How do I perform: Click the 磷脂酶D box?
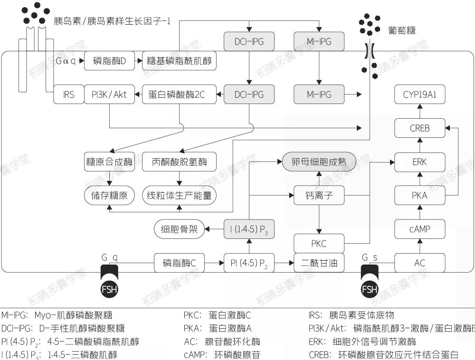tap(110, 61)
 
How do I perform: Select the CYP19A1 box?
tap(419, 95)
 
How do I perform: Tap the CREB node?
tap(419, 128)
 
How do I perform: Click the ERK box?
tap(419, 161)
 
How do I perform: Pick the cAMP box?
tap(419, 229)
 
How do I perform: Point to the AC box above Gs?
tap(419, 263)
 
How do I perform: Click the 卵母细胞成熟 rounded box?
tap(319, 162)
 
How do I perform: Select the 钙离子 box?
tap(319, 195)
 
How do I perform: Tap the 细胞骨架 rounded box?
tap(179, 229)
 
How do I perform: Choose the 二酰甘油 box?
tap(319, 263)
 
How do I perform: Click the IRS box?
tap(68, 95)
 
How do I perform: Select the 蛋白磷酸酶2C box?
tap(180, 95)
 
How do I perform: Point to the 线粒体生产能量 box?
tap(180, 195)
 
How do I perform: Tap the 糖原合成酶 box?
tap(110, 162)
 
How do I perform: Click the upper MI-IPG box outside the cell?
tap(319, 42)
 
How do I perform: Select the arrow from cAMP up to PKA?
tap(419, 212)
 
